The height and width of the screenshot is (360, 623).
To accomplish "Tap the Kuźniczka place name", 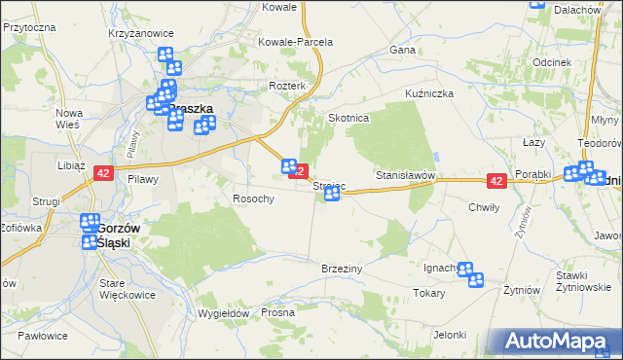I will pos(430,94).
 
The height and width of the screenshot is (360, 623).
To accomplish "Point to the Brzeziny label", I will pos(342,268).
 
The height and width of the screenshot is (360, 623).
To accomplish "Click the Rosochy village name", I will pos(253,198).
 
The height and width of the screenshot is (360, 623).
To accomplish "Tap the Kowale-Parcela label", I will pos(295,42).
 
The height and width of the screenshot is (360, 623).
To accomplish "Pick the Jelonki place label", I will pos(451,335).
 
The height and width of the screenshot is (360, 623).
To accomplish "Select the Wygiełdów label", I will pos(224,313).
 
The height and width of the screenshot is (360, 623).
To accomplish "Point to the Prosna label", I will pos(277,313).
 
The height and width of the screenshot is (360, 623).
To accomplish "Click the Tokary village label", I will pos(428,293).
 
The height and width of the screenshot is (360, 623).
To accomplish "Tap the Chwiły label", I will pos(484,207).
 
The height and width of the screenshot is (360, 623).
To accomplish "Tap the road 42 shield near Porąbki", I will pos(496,181).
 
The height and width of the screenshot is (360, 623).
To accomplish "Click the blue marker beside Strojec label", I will pos(332,195).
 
